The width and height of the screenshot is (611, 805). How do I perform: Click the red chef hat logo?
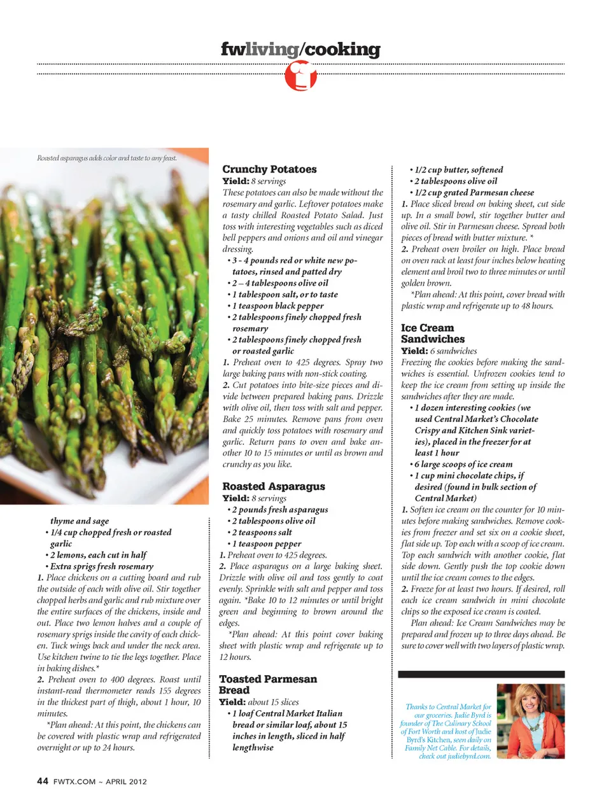300,76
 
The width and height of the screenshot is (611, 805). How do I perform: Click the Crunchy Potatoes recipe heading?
269,169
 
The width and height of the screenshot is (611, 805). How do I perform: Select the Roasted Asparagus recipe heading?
273,486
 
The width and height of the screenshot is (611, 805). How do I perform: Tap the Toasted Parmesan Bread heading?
267,684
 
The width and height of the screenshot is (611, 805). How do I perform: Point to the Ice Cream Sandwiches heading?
433,333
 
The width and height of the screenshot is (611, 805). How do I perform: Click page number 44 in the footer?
43,781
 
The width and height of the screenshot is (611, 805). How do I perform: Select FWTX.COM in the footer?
74,781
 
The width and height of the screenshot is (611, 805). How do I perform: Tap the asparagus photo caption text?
107,158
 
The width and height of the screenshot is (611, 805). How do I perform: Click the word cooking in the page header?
342,49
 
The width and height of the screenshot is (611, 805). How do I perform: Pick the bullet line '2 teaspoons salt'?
262,532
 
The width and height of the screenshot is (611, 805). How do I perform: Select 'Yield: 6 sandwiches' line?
439,351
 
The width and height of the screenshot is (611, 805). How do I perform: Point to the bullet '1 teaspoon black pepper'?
277,305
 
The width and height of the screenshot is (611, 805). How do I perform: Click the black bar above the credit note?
481,673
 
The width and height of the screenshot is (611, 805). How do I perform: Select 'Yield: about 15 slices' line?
258,702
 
